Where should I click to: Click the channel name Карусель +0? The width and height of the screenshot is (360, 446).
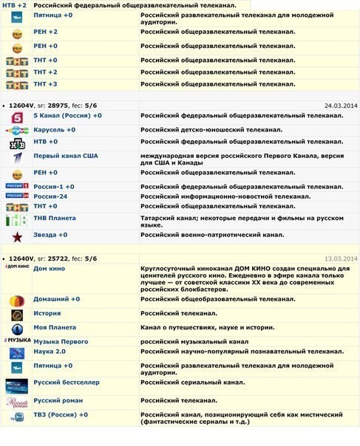[54, 129]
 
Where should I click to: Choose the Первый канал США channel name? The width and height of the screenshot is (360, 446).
[65, 156]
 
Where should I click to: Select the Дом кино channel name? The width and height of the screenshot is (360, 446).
[49, 269]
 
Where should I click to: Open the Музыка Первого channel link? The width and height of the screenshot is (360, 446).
[61, 341]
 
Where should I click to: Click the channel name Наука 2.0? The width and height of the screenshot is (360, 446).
[50, 353]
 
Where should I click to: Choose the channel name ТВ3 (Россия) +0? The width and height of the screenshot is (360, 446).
[61, 415]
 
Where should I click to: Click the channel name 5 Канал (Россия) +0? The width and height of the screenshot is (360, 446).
[67, 116]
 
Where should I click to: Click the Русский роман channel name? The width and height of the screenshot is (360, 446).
[58, 400]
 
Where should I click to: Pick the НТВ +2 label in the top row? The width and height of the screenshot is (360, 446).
[15, 5]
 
